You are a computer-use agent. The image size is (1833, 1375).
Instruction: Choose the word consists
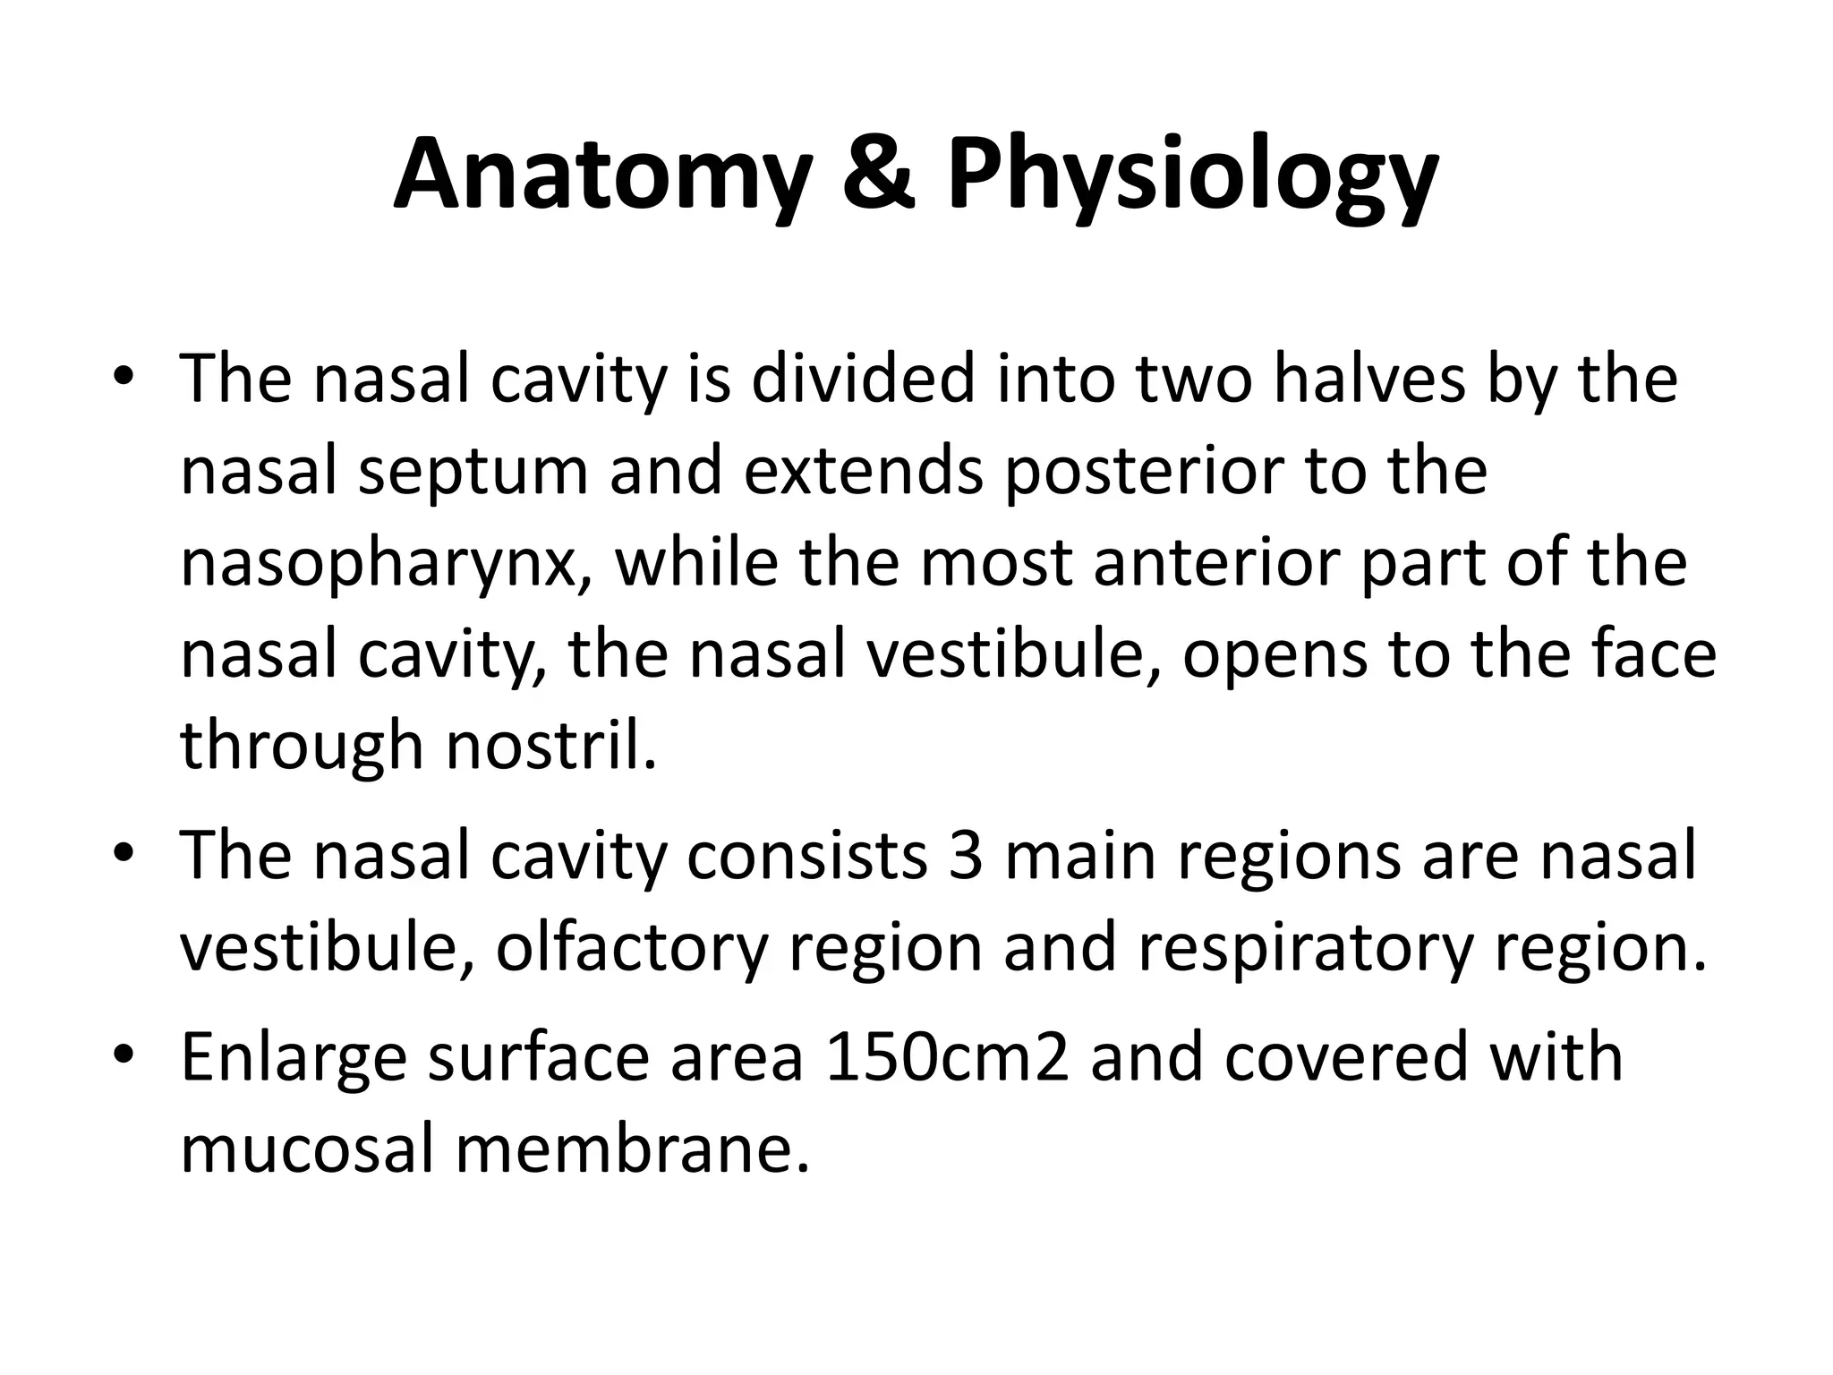[x=806, y=856]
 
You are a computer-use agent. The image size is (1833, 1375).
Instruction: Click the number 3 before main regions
[x=966, y=856]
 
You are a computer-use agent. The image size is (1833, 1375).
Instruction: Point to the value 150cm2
[x=947, y=1057]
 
